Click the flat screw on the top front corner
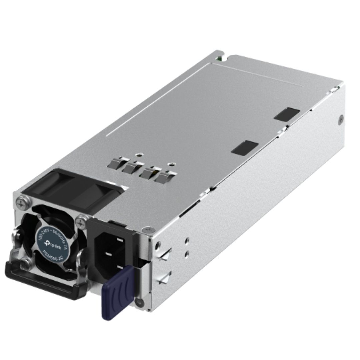click(x=145, y=230)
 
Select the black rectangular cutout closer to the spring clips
click(x=245, y=148)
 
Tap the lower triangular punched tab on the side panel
click(x=165, y=278)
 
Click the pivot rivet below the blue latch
click(x=140, y=303)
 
